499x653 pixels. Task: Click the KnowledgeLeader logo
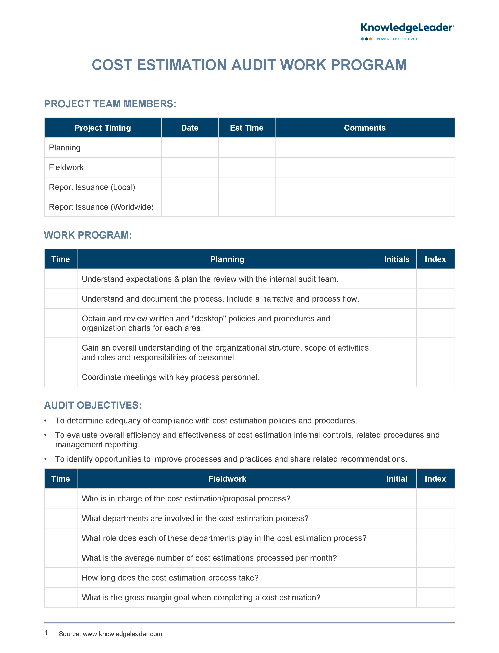[407, 28]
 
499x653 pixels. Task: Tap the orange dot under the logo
[370, 39]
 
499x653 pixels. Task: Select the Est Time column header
[247, 128]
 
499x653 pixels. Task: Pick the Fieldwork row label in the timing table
[66, 167]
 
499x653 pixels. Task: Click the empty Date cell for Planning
[190, 148]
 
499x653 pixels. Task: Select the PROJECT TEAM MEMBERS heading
[110, 104]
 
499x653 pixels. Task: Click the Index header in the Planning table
[435, 259]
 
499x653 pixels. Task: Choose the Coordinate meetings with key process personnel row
[170, 377]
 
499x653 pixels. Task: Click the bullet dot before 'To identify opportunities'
[45, 459]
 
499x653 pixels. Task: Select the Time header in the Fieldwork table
[61, 479]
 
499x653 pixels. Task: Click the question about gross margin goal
[201, 597]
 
